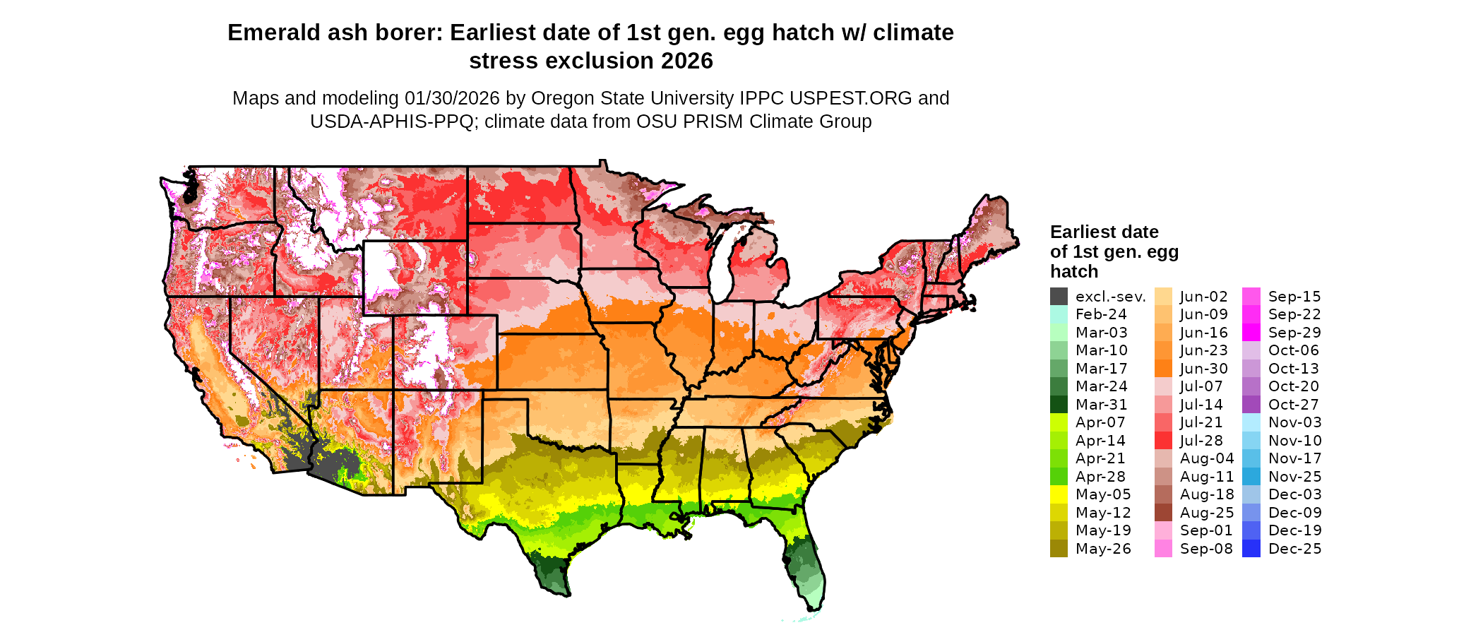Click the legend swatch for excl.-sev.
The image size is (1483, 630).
click(1059, 297)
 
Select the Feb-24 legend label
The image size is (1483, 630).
click(1101, 314)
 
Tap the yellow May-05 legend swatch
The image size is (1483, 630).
click(1059, 494)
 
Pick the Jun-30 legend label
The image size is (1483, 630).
click(1204, 369)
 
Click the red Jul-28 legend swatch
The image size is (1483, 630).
click(1163, 441)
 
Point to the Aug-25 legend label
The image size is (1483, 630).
click(1207, 513)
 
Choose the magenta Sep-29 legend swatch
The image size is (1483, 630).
click(1251, 333)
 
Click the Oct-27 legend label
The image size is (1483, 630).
click(1294, 405)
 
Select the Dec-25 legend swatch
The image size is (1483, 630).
click(1251, 549)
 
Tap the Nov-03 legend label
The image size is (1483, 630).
click(1295, 422)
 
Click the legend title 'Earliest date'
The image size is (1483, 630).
click(1104, 232)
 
